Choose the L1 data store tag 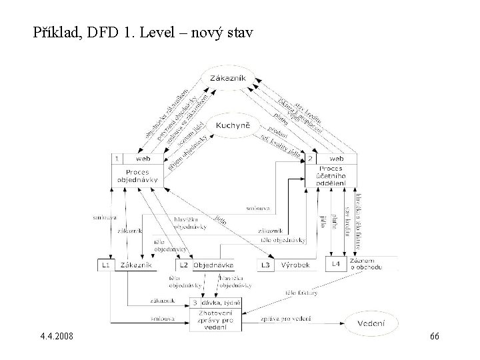(x=105, y=265)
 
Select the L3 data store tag (x=265, y=265)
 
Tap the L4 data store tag (x=337, y=265)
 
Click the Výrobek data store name (x=297, y=265)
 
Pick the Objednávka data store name (x=213, y=265)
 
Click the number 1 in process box (x=117, y=159)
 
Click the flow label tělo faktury (x=301, y=292)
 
